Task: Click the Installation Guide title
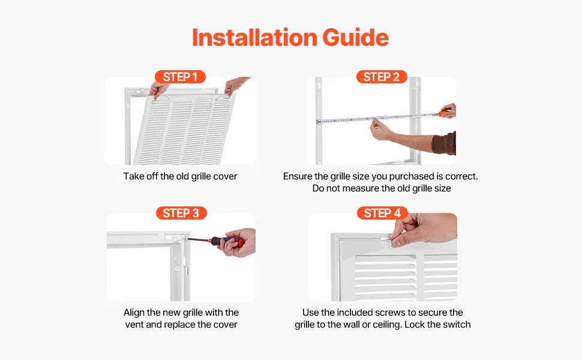tap(290, 37)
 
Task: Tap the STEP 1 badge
tap(180, 77)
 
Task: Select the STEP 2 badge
tap(382, 77)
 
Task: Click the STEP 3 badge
tap(181, 213)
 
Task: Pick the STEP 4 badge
tap(382, 213)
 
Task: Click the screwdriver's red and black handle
tap(226, 241)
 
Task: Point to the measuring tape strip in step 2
tap(378, 118)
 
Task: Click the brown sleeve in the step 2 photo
tap(444, 143)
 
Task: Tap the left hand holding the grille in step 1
tap(158, 90)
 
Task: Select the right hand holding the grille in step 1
tap(235, 85)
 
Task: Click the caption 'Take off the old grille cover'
tap(180, 176)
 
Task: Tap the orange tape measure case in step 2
tap(445, 113)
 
